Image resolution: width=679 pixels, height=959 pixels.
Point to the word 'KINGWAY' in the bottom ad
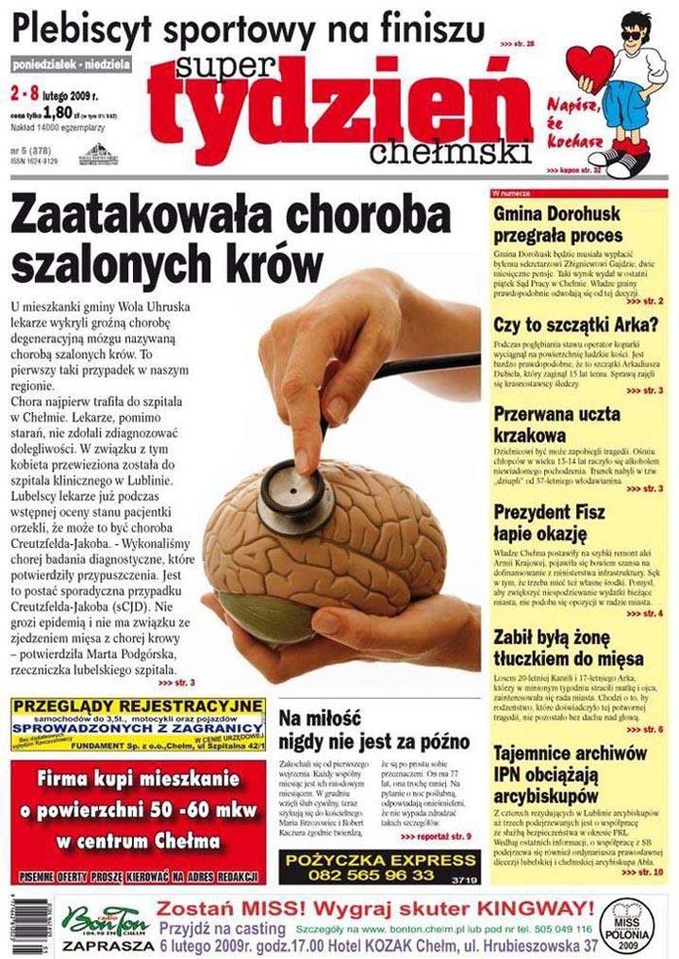(510, 911)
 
